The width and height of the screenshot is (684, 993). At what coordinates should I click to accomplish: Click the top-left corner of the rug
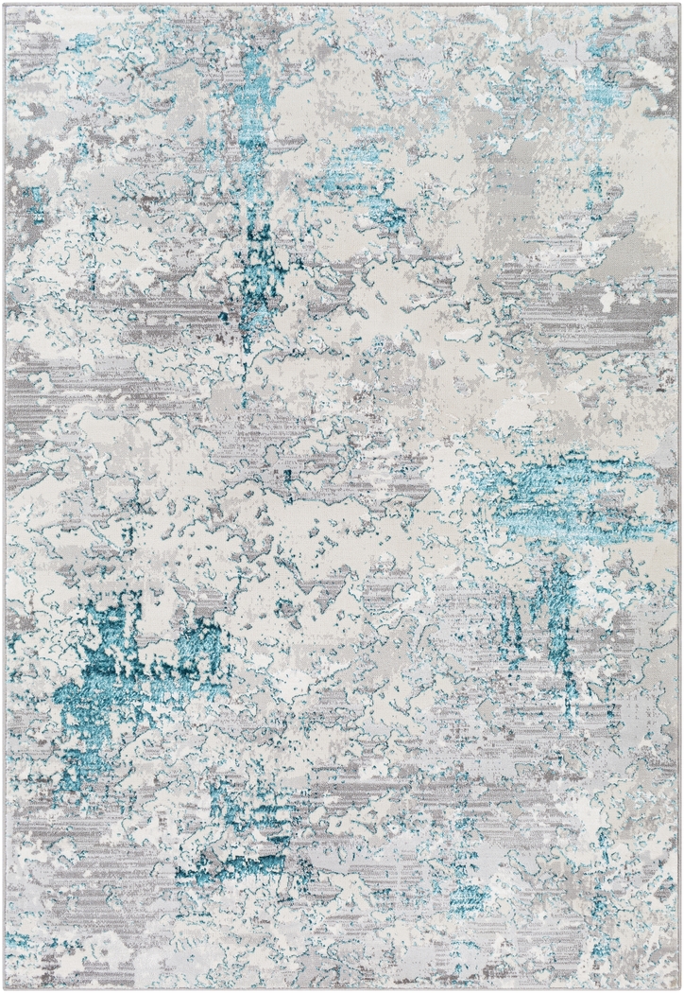pyautogui.click(x=5, y=4)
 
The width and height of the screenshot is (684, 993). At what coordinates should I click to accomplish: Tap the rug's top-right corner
pyautogui.click(x=679, y=4)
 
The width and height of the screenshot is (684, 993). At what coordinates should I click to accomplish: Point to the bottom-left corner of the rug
pyautogui.click(x=5, y=988)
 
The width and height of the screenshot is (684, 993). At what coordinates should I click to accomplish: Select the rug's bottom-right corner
pyautogui.click(x=679, y=988)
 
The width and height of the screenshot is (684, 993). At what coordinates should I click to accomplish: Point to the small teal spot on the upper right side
pyautogui.click(x=596, y=176)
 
